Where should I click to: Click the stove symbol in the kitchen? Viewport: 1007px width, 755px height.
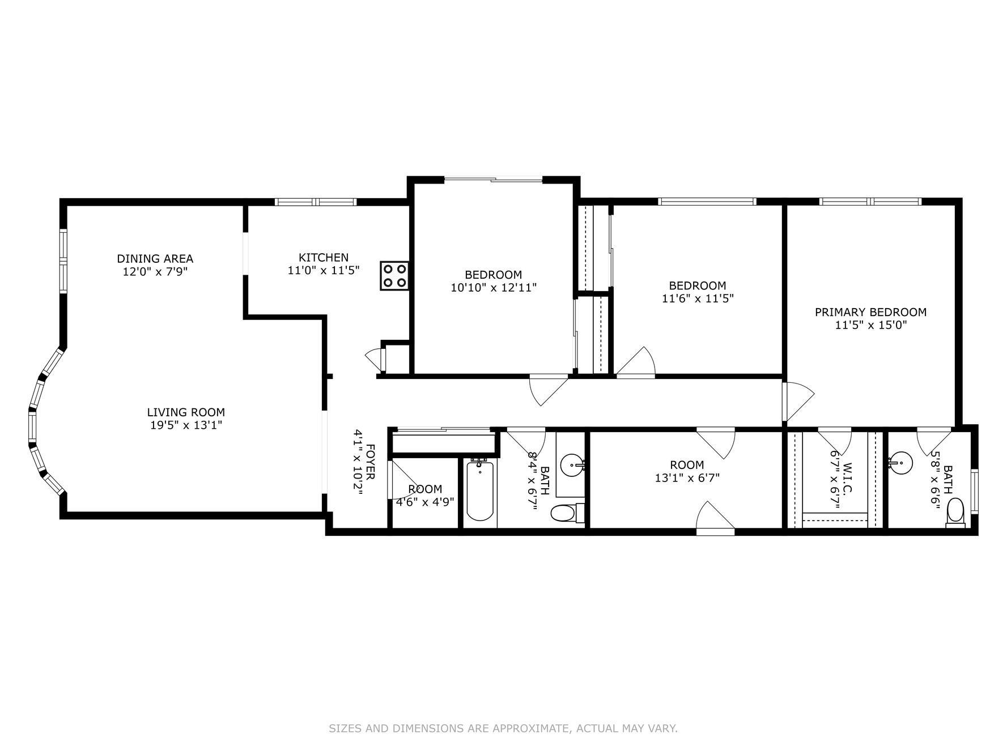(394, 276)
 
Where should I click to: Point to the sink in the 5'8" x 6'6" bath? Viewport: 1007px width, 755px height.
(900, 463)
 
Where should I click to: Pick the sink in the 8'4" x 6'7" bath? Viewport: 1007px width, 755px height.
(572, 466)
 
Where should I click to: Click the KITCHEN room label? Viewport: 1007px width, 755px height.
(324, 258)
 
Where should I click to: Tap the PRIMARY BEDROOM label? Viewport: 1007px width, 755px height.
(870, 312)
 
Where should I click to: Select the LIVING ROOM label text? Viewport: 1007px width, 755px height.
(186, 412)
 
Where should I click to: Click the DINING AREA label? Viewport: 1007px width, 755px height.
(155, 259)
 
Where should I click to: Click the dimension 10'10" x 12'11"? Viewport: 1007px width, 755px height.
(493, 288)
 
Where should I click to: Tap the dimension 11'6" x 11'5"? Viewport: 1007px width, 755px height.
(698, 298)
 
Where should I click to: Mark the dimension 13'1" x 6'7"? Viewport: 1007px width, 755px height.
(687, 478)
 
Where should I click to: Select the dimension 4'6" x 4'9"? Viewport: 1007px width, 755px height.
(425, 502)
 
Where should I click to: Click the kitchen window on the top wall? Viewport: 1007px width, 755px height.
(316, 202)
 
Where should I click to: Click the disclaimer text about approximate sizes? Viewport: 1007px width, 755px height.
(503, 728)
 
